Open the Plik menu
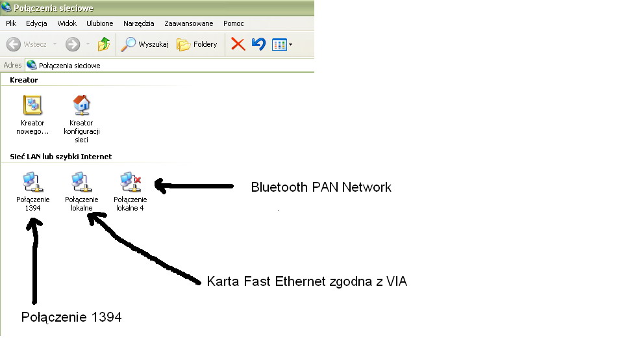11,23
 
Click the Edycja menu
36,23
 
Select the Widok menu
67,23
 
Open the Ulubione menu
100,23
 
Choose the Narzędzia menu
138,23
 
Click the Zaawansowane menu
189,23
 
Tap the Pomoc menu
234,23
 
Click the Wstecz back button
27,44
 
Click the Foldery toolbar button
197,44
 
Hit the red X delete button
238,44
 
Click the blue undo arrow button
258,44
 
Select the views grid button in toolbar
282,45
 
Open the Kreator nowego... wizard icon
32,105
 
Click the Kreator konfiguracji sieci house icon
82,105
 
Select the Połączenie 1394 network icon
33,182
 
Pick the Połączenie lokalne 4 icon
131,182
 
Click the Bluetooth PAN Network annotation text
321,187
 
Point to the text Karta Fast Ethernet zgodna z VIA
307,281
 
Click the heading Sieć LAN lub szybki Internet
61,157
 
